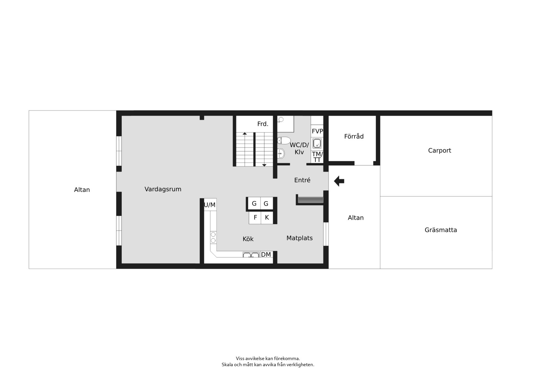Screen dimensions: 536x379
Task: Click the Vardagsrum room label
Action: click(163, 189)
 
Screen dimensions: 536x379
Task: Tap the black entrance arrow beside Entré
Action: click(339, 181)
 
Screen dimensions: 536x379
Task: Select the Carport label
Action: click(439, 151)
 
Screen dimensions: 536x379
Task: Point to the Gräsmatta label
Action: click(441, 230)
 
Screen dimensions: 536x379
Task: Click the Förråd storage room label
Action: click(354, 136)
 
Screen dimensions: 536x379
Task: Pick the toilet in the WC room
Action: click(284, 140)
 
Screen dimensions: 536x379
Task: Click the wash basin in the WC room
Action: click(281, 153)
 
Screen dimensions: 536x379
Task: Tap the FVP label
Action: click(317, 131)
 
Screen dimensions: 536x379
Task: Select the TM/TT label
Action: click(317, 157)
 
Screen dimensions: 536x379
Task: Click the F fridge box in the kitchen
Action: click(255, 218)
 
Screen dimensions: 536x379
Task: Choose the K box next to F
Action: click(267, 218)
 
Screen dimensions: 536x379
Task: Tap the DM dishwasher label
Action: click(266, 254)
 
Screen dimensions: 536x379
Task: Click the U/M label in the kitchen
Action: click(210, 205)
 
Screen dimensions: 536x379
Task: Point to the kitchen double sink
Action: click(251, 254)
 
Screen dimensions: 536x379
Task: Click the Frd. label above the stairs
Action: click(263, 124)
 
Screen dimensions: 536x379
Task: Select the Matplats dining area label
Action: click(300, 238)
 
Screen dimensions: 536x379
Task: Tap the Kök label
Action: click(248, 239)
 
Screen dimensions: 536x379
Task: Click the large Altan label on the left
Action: click(82, 190)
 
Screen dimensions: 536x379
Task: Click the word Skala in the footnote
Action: click(228, 364)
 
